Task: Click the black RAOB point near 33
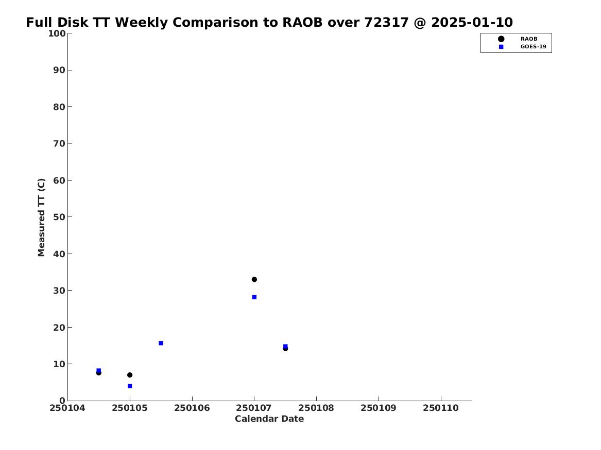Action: pos(254,279)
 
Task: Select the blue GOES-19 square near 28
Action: pos(254,297)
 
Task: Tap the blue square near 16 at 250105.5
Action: pos(161,343)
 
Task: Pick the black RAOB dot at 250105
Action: pos(130,375)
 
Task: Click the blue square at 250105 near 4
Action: pos(130,386)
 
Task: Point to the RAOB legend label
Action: pos(529,39)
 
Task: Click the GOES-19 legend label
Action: pos(533,47)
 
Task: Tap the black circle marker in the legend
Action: pos(501,39)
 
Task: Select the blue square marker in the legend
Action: pos(501,47)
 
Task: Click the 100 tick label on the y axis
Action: pos(57,33)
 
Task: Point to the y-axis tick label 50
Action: pos(59,217)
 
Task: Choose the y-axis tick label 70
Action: pos(59,143)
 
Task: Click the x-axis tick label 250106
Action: pos(192,408)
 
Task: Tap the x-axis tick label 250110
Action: pos(441,408)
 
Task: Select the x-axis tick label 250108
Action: pos(316,408)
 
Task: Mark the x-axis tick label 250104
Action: pos(67,408)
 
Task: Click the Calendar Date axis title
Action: pos(269,419)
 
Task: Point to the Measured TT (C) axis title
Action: pos(41,218)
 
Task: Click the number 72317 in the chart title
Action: pos(387,23)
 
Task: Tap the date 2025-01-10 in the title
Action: pos(472,23)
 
